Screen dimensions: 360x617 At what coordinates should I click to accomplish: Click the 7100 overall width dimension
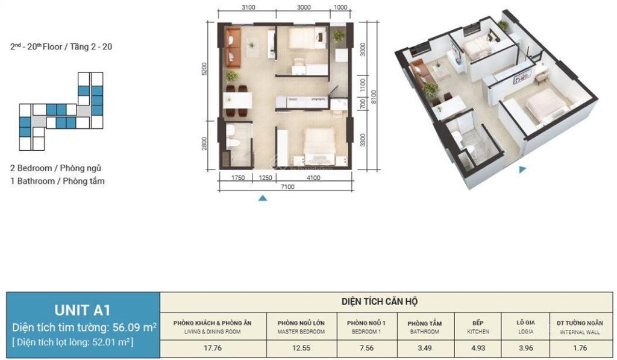coord(286,187)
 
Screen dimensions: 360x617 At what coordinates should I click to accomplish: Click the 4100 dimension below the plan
coord(313,178)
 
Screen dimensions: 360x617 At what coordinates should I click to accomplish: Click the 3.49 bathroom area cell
coord(425,347)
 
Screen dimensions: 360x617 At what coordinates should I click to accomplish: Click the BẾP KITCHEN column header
coord(477,327)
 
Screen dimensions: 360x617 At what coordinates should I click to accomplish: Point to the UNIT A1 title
coord(83,311)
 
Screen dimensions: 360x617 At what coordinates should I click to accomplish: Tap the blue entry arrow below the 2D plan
coord(262,197)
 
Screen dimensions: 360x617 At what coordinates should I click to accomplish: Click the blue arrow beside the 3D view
coord(523,170)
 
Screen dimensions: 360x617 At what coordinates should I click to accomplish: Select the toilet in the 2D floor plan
coord(236,144)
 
